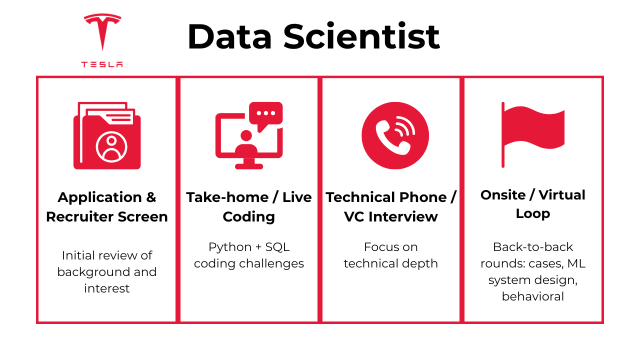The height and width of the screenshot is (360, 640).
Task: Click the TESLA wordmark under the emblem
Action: pyautogui.click(x=102, y=64)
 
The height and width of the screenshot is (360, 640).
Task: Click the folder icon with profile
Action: pyautogui.click(x=107, y=135)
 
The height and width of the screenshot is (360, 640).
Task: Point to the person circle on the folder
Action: pyautogui.click(x=111, y=147)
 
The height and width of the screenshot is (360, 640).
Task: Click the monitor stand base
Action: pyautogui.click(x=249, y=166)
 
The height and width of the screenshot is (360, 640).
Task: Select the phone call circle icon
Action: pyautogui.click(x=395, y=135)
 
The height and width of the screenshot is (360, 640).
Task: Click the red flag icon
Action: pyautogui.click(x=533, y=134)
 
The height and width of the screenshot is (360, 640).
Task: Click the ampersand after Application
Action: pyautogui.click(x=151, y=197)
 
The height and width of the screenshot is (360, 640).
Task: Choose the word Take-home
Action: pyautogui.click(x=227, y=197)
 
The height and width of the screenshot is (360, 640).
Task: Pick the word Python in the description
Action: pyautogui.click(x=230, y=247)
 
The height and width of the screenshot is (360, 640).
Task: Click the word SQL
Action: pyautogui.click(x=277, y=247)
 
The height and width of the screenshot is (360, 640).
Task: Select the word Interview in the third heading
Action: pyautogui.click(x=403, y=216)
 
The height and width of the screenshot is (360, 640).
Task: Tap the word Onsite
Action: pyautogui.click(x=503, y=195)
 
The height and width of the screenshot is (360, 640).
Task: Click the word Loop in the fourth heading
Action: pyautogui.click(x=533, y=214)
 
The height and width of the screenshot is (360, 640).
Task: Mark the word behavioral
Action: pyautogui.click(x=533, y=296)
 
